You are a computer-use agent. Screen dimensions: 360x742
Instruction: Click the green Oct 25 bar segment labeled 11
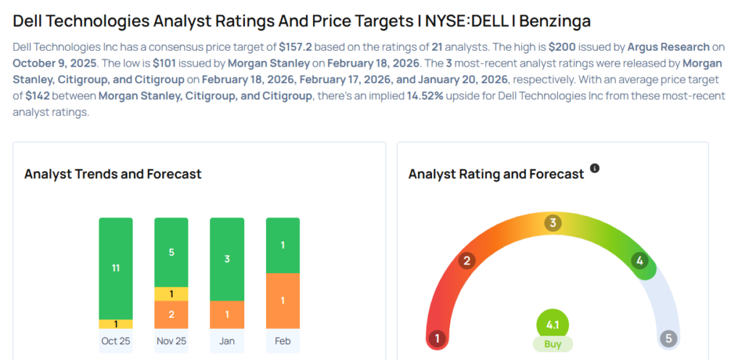(116, 268)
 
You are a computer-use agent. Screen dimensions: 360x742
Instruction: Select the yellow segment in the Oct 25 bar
(116, 324)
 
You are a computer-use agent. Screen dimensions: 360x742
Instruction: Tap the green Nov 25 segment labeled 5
(171, 252)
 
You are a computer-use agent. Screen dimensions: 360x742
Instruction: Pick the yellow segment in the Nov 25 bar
(171, 294)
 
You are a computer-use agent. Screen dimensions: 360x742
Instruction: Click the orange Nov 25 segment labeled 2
(171, 314)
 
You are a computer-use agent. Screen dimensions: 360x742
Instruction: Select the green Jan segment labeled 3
(227, 259)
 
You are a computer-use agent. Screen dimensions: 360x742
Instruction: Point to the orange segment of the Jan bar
(227, 314)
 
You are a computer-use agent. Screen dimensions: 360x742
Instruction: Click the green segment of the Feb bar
(283, 246)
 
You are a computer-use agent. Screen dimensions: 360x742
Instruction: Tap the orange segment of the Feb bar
(283, 301)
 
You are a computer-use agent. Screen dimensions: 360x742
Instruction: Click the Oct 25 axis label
(116, 340)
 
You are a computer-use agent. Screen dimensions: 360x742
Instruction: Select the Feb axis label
(283, 340)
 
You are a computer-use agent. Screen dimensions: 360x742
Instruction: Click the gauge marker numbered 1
(437, 338)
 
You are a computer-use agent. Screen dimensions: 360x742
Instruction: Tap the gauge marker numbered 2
(467, 261)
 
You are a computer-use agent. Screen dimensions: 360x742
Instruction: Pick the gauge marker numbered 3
(552, 222)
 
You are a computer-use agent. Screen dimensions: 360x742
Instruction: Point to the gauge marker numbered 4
(639, 261)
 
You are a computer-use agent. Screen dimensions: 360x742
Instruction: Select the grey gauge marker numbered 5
(669, 338)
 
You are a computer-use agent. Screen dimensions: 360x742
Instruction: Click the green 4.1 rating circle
(552, 325)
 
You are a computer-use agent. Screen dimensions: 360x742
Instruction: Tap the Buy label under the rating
(552, 344)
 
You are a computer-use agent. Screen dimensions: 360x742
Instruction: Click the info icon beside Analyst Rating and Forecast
(595, 168)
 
